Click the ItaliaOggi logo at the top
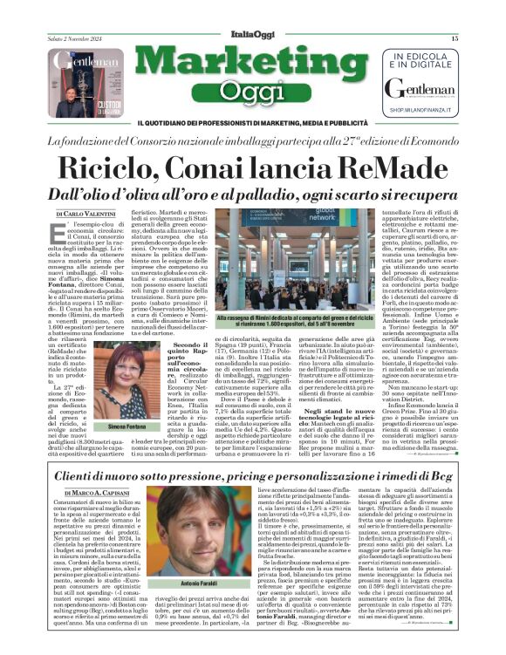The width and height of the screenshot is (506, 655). (252, 33)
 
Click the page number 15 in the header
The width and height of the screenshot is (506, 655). (454, 39)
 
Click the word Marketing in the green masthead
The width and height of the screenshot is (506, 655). (252, 63)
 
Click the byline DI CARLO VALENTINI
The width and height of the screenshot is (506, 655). (85, 213)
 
